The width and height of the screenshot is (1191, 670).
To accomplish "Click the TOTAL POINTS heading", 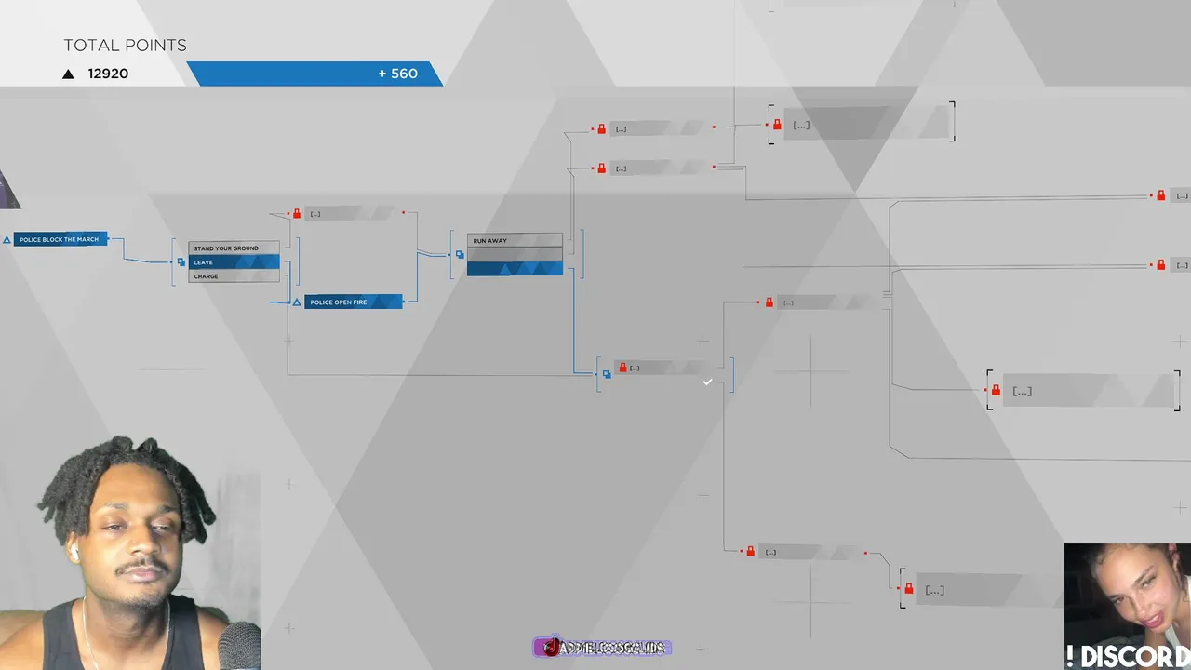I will coord(125,46).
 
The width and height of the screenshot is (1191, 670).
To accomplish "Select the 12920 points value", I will coord(108,74).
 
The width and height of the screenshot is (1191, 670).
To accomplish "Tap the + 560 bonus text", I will coord(397,74).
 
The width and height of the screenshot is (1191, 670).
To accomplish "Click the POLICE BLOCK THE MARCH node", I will coord(60,239).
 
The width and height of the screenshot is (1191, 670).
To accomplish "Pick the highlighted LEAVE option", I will coord(234,262).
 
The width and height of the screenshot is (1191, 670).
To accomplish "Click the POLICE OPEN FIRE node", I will coord(353,302).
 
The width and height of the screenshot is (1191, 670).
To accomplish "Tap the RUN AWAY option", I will coord(515,241).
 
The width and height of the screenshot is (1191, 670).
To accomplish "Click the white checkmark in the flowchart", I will coord(707,382).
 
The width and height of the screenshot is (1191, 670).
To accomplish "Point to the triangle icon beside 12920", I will coord(68,74).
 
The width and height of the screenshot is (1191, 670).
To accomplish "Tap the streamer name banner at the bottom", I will coord(603,648).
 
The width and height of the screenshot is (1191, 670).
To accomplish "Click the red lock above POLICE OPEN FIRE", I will coord(297,214).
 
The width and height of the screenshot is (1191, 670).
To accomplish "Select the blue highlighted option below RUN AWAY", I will coord(515,269).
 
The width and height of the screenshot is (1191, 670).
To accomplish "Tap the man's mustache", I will coord(141,567).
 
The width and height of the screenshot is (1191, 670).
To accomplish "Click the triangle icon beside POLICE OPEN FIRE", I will coord(297,302).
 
